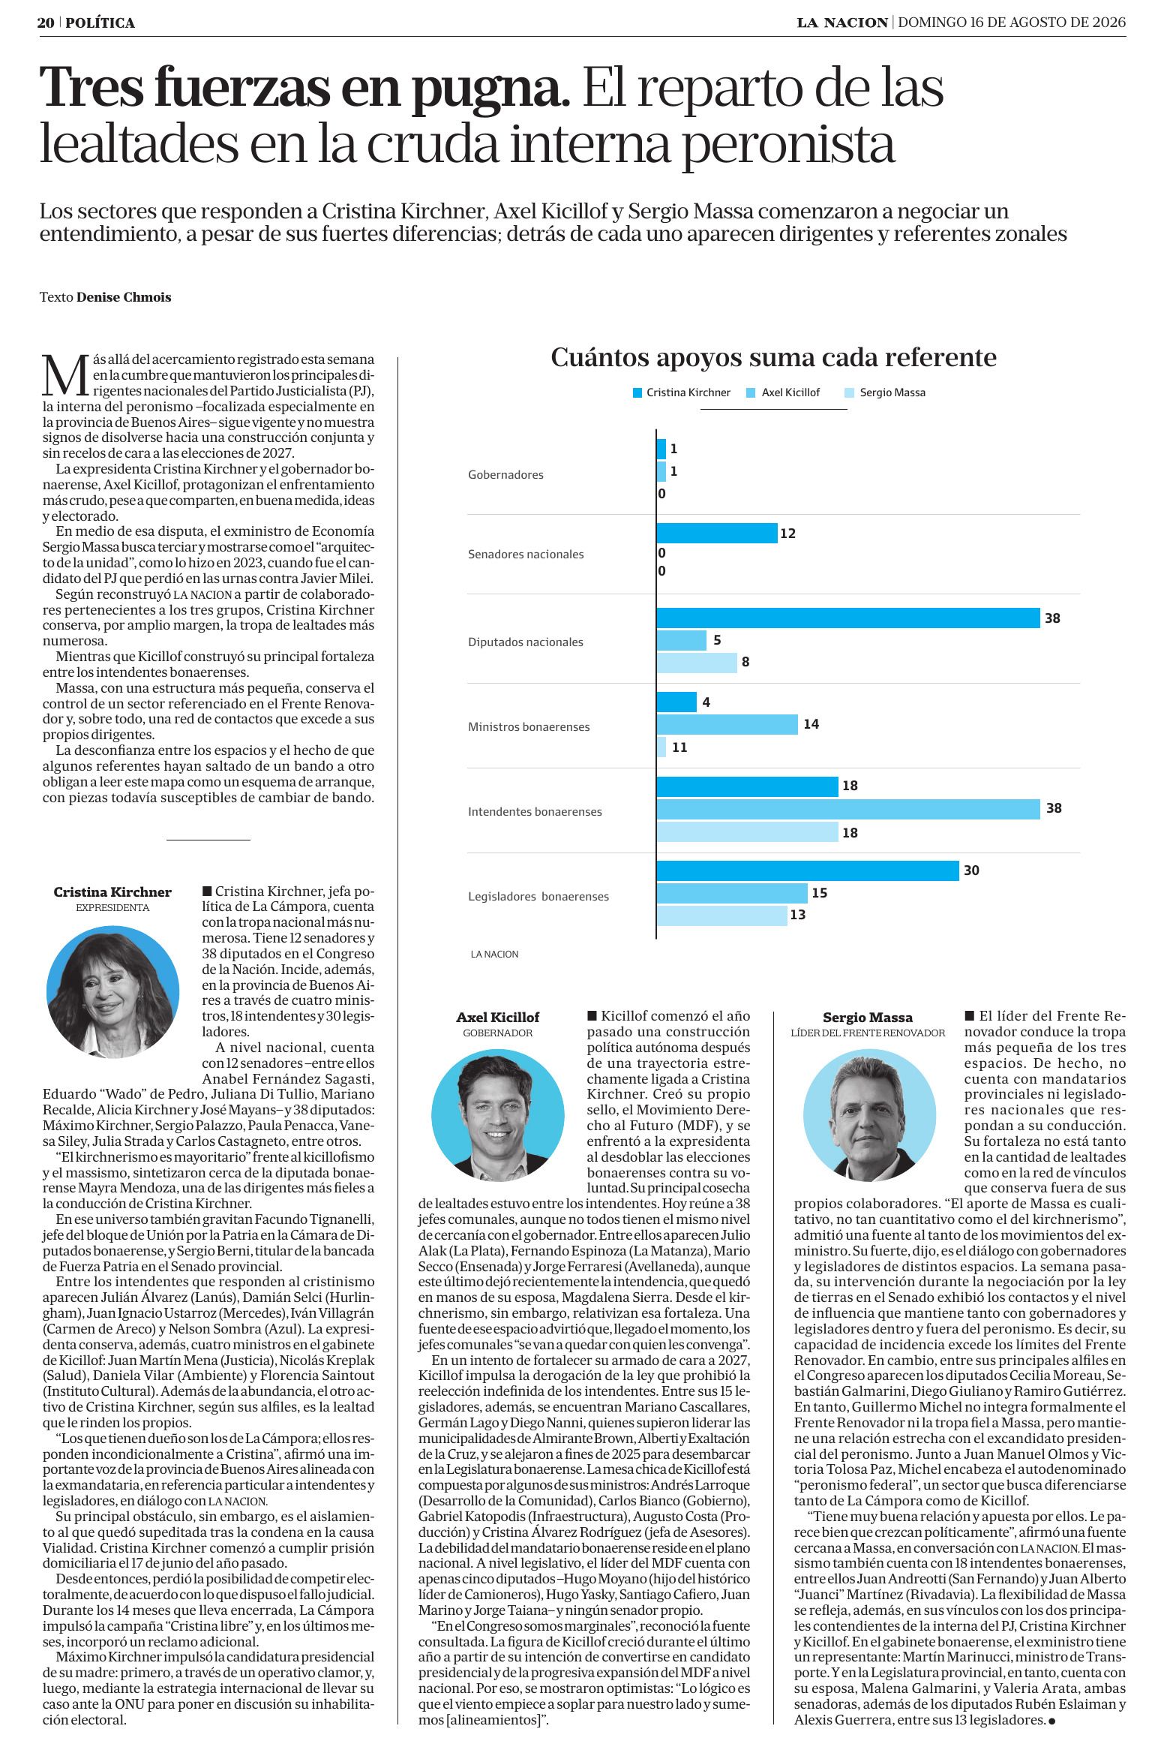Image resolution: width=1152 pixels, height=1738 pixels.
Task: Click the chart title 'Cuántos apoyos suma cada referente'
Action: click(x=773, y=358)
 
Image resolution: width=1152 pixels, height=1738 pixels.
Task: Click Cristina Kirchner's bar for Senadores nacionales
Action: click(x=717, y=534)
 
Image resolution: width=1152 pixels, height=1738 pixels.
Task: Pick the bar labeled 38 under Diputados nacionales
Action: click(x=848, y=618)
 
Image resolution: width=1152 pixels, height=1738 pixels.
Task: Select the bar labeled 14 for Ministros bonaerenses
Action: click(x=727, y=725)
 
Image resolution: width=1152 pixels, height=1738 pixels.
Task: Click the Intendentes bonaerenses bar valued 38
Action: click(x=848, y=809)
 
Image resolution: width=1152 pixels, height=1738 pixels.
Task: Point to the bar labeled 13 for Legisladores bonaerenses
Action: click(x=722, y=916)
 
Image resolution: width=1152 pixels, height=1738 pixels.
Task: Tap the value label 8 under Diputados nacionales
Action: click(x=745, y=663)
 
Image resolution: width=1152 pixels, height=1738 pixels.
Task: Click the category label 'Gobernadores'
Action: click(x=505, y=475)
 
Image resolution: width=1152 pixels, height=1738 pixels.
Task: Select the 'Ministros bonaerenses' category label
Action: click(x=529, y=727)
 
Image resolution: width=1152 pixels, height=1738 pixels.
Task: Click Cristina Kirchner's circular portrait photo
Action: click(x=112, y=992)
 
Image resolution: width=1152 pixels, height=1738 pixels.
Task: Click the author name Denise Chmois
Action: click(x=124, y=298)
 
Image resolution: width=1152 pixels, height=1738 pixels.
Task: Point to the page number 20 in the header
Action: click(x=46, y=23)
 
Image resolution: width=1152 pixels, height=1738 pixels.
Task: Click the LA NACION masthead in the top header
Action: click(x=842, y=23)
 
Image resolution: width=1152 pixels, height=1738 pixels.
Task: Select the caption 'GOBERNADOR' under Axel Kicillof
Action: click(x=498, y=1033)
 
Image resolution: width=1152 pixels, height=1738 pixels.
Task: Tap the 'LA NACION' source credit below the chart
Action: click(x=494, y=955)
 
